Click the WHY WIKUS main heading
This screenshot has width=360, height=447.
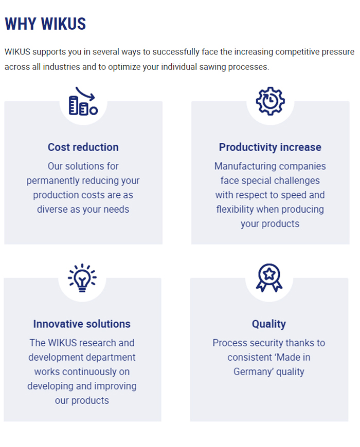(x=45, y=24)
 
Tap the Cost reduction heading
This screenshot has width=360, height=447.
(x=83, y=147)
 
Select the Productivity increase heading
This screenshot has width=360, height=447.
(x=270, y=147)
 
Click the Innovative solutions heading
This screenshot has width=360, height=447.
(x=82, y=324)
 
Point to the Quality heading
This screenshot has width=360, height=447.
(x=269, y=324)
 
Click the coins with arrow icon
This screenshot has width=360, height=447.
(x=83, y=101)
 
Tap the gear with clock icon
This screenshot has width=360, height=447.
(x=270, y=101)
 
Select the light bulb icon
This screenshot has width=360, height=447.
(x=82, y=277)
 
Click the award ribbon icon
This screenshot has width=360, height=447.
(x=269, y=277)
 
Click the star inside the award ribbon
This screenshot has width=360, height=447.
(x=269, y=274)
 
